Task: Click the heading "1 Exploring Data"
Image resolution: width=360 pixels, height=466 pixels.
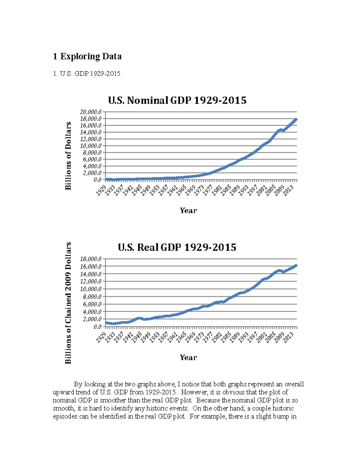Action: point(87,56)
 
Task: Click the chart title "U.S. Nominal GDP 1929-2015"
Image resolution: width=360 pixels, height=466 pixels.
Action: point(177,100)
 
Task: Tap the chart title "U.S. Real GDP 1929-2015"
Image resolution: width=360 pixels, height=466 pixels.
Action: point(177,247)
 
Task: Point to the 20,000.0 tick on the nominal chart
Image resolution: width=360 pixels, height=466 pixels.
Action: point(91,112)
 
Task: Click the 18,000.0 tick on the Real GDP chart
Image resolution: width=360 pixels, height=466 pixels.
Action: point(91,259)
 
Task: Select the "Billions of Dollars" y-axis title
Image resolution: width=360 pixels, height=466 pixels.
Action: point(68,156)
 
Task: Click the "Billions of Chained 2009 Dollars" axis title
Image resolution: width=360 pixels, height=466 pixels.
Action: point(68,303)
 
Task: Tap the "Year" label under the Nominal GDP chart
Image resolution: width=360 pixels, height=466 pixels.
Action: point(188,210)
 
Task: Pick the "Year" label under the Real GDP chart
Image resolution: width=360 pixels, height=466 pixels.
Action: point(188,357)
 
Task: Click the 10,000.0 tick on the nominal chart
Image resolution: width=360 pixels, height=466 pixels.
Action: point(91,146)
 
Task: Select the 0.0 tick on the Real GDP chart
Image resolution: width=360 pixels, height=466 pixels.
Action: point(97,327)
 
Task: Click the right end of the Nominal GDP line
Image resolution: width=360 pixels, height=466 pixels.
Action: point(296,119)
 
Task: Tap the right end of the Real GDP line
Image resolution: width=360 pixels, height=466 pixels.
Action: point(296,265)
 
